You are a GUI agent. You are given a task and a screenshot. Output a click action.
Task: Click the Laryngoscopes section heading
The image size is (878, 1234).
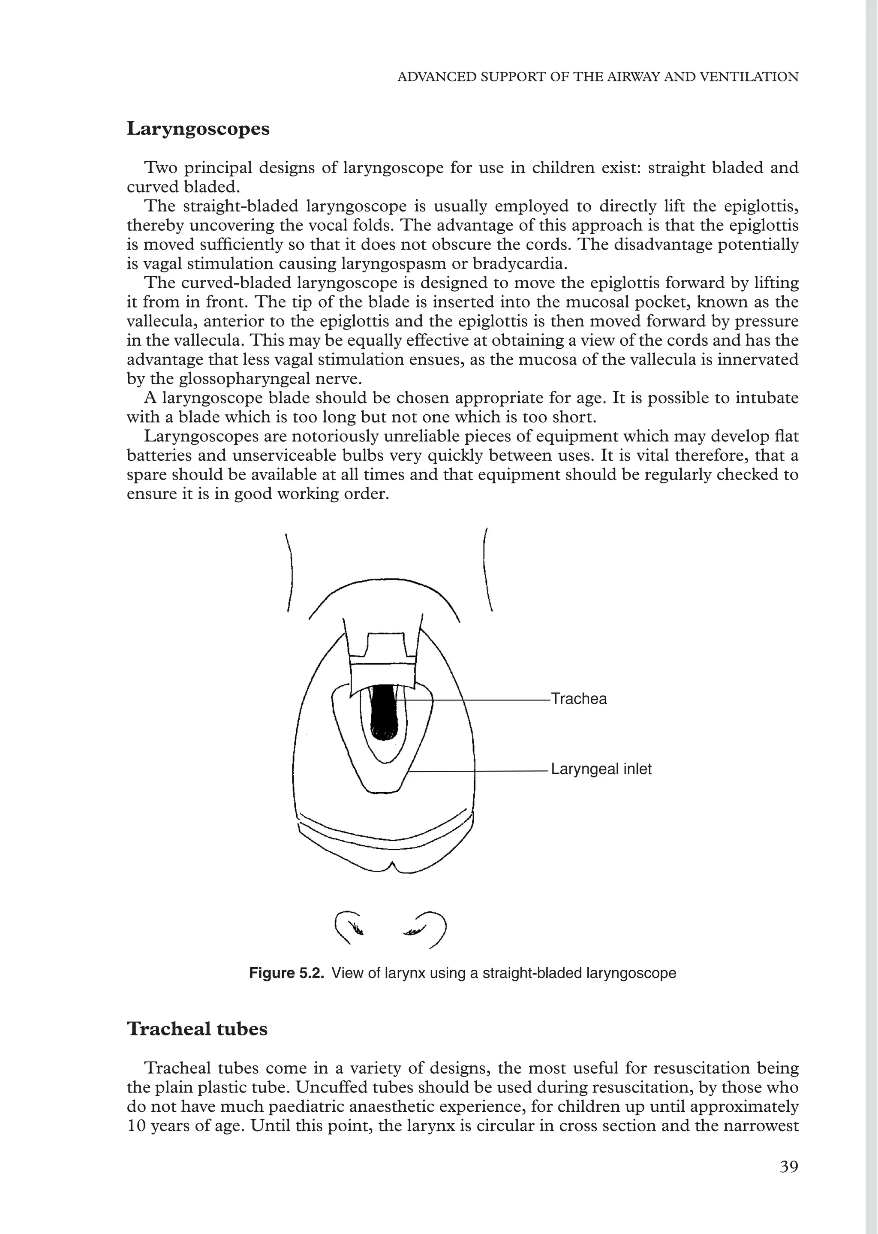[x=198, y=129]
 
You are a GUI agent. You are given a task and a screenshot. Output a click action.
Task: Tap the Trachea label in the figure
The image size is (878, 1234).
[x=578, y=699]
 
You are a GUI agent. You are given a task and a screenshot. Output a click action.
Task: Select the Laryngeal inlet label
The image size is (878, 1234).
[x=601, y=769]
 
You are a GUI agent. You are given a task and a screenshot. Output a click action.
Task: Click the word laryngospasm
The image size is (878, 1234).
[x=400, y=264]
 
